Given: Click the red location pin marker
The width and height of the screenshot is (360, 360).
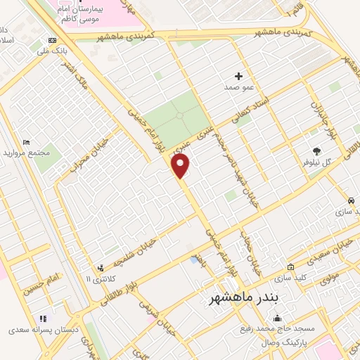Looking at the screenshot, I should [x=181, y=166].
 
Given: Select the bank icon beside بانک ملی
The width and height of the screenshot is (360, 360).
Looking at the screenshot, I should [x=52, y=40].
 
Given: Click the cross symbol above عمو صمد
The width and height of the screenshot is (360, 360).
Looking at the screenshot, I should [x=238, y=75].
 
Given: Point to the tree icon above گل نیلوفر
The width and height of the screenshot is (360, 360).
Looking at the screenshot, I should [x=316, y=150].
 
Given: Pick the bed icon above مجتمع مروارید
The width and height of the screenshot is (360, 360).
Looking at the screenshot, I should [x=27, y=143].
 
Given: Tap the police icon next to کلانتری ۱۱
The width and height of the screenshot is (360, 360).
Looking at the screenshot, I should [x=101, y=268].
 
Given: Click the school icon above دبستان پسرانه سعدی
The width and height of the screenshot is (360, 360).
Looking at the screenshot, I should [x=42, y=319].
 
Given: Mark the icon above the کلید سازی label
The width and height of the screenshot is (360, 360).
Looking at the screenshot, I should [x=291, y=266].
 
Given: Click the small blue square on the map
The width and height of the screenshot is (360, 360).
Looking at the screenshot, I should [x=194, y=260].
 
